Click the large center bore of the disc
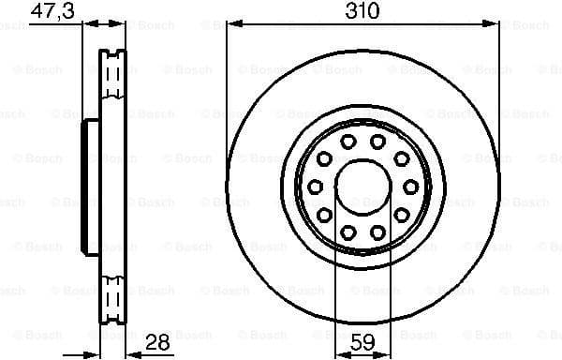tap(362, 186)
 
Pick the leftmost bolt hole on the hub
tap(316, 186)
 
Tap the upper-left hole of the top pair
tap(347, 142)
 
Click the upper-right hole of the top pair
tap(377, 142)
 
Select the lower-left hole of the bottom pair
tap(347, 231)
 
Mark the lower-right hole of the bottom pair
tap(377, 231)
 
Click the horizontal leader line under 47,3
tap(56, 25)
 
